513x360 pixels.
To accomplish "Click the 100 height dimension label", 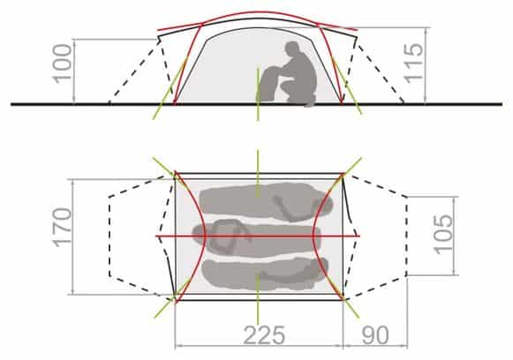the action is click(62, 64).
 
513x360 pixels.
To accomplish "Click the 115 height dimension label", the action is click(414, 64).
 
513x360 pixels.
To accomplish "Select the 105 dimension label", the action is click(443, 234).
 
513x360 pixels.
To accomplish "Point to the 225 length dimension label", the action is click(264, 335).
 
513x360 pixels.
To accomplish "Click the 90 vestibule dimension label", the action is click(375, 335).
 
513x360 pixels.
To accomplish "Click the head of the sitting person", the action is click(292, 49).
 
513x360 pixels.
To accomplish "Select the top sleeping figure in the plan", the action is click(266, 202).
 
